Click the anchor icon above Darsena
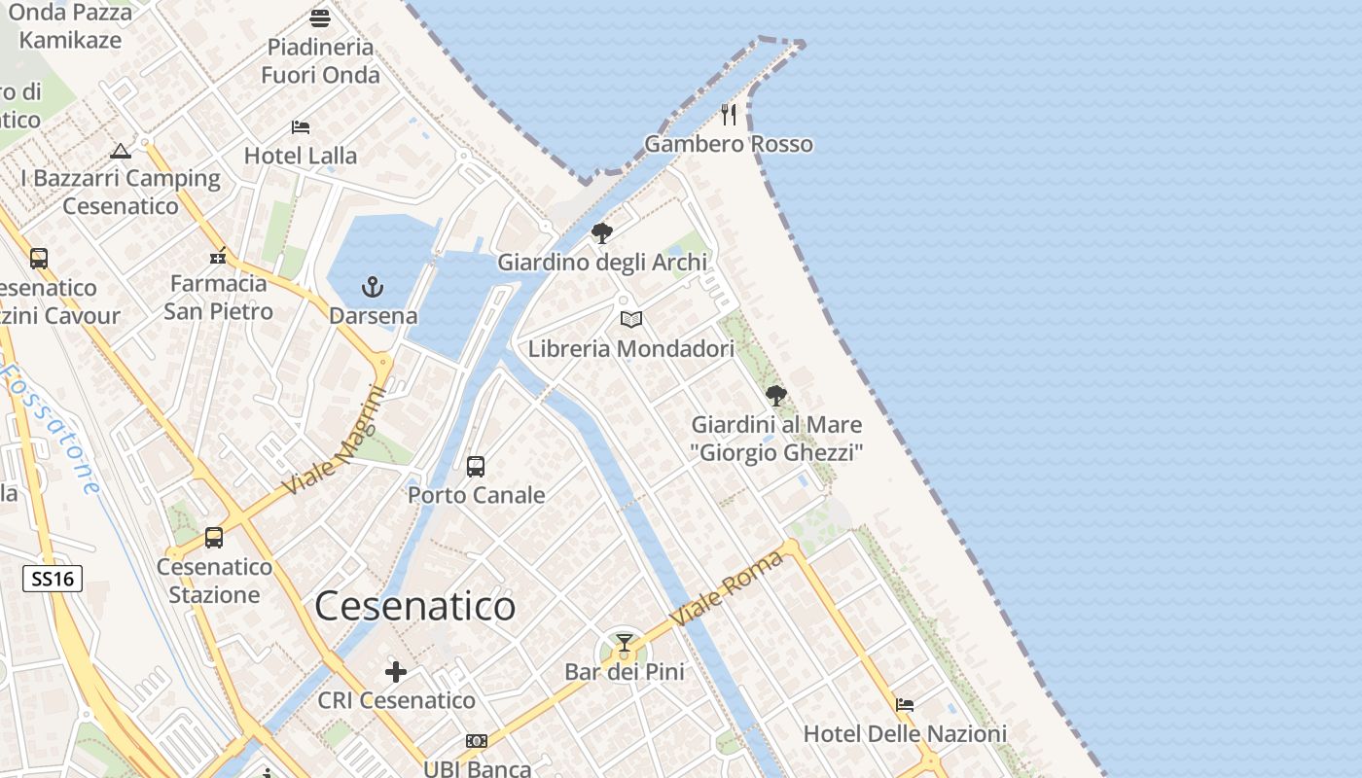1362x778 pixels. [373, 287]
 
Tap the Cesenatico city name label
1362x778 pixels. [415, 606]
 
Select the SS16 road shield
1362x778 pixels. [53, 580]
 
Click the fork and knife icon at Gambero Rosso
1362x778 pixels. [729, 115]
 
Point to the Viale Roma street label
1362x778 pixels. [727, 588]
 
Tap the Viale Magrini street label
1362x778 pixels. [336, 440]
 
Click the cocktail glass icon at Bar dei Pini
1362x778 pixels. [625, 643]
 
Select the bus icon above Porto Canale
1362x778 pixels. [476, 467]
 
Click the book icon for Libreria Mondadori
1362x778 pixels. [631, 319]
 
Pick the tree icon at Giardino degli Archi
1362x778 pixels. [602, 233]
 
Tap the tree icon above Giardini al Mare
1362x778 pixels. [776, 396]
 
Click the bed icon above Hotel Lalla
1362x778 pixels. [301, 127]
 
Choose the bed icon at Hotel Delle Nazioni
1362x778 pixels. [905, 705]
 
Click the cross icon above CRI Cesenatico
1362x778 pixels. [396, 672]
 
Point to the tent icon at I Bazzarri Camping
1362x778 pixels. [121, 151]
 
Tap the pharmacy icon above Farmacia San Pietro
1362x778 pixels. [218, 256]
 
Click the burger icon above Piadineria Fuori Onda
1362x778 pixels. [320, 18]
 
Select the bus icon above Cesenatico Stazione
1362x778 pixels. [214, 538]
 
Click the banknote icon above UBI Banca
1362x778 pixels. [477, 741]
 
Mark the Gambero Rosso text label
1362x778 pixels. [729, 144]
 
